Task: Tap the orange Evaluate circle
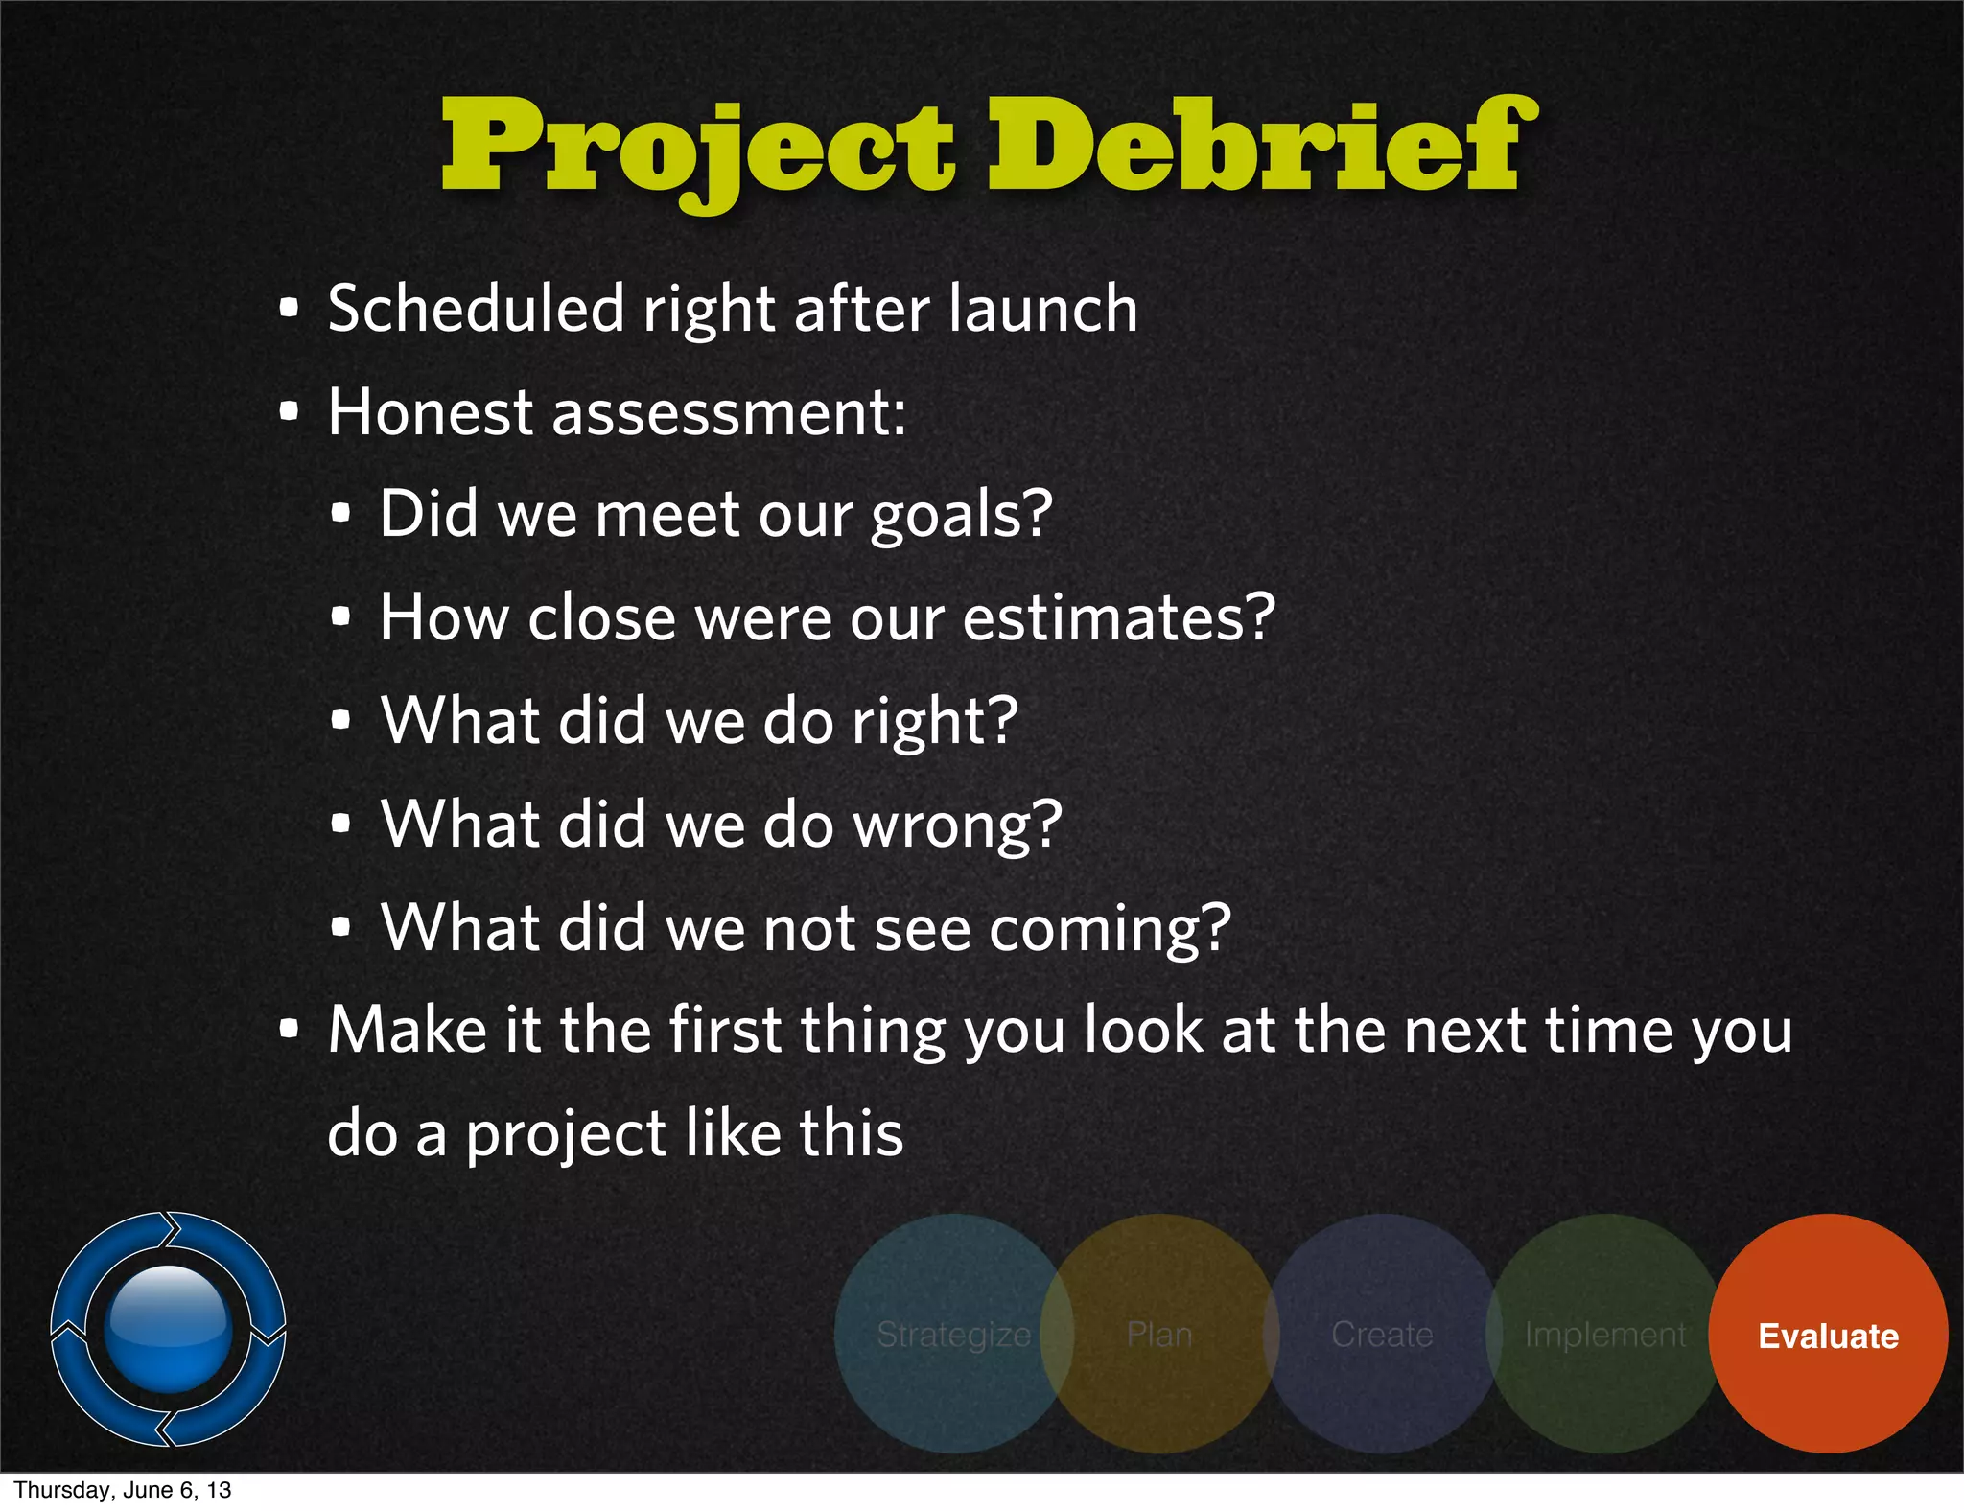coord(1828,1335)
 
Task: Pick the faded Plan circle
coord(1159,1335)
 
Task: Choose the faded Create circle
coord(1382,1335)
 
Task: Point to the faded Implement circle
coord(1604,1335)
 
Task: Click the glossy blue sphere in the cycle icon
coord(169,1328)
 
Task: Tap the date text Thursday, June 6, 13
coord(123,1490)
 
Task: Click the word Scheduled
coord(477,309)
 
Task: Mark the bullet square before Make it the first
coord(289,1030)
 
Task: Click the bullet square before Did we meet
coord(340,514)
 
